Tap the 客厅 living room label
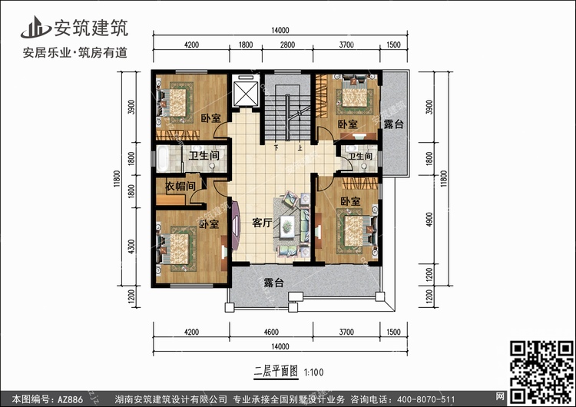click(262, 222)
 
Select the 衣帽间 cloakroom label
click(180, 186)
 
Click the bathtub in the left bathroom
click(163, 159)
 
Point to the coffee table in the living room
click(286, 225)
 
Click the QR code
click(542, 373)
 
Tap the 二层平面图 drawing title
click(276, 372)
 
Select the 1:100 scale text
click(313, 372)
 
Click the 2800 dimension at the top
click(287, 45)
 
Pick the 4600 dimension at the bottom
click(271, 332)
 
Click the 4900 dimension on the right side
click(429, 220)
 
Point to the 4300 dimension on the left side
click(131, 247)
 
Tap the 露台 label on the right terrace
click(393, 124)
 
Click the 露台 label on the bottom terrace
click(273, 283)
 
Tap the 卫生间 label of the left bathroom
click(204, 155)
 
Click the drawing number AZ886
click(69, 399)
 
